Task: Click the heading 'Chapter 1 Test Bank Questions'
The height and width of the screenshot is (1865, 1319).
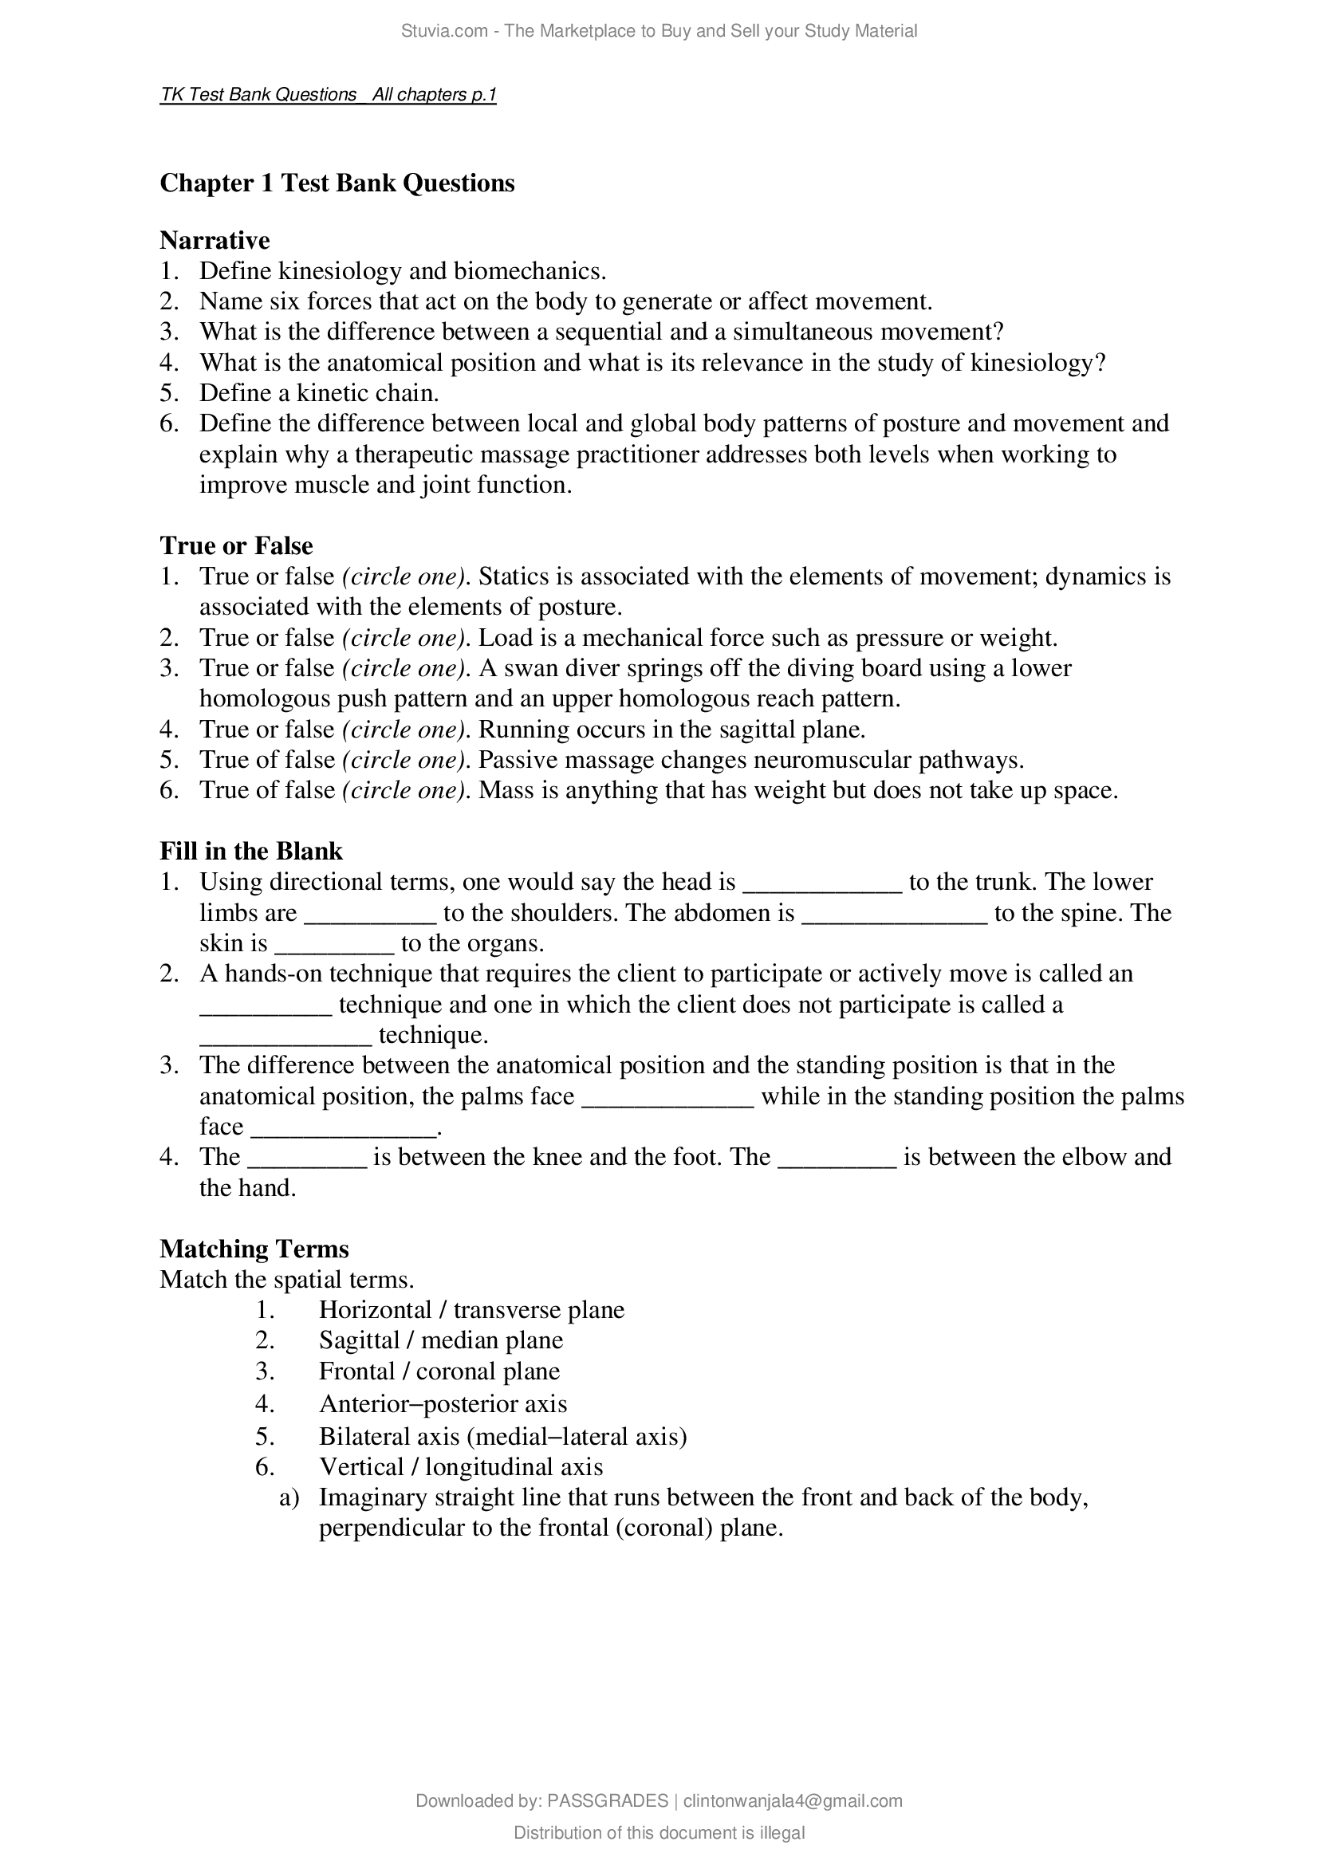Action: [x=337, y=183]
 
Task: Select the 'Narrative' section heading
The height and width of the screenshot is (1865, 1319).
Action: [x=215, y=241]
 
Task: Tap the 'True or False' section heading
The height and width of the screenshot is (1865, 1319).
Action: [x=235, y=545]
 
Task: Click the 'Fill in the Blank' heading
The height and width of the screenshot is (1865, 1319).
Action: [x=251, y=851]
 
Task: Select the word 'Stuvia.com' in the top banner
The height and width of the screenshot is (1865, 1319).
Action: [x=443, y=31]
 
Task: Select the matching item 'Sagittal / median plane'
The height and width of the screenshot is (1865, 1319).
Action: [x=440, y=1340]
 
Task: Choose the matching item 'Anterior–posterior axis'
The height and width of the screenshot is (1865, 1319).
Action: [x=443, y=1403]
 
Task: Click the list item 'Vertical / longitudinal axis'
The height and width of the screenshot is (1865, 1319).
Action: [x=460, y=1467]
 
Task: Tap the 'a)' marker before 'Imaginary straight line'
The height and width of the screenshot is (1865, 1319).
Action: [x=289, y=1498]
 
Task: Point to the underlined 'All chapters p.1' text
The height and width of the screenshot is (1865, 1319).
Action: [x=434, y=95]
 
